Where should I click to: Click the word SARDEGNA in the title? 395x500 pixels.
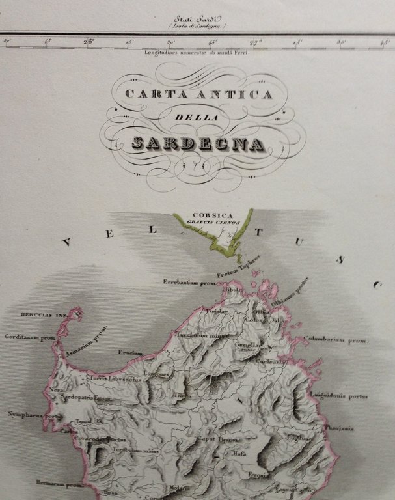pos(198,143)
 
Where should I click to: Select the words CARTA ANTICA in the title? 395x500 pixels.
pos(198,94)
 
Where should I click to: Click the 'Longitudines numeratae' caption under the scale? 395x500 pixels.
pos(198,52)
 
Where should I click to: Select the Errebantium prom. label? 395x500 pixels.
pos(189,283)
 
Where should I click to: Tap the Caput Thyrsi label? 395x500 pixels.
pos(219,439)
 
